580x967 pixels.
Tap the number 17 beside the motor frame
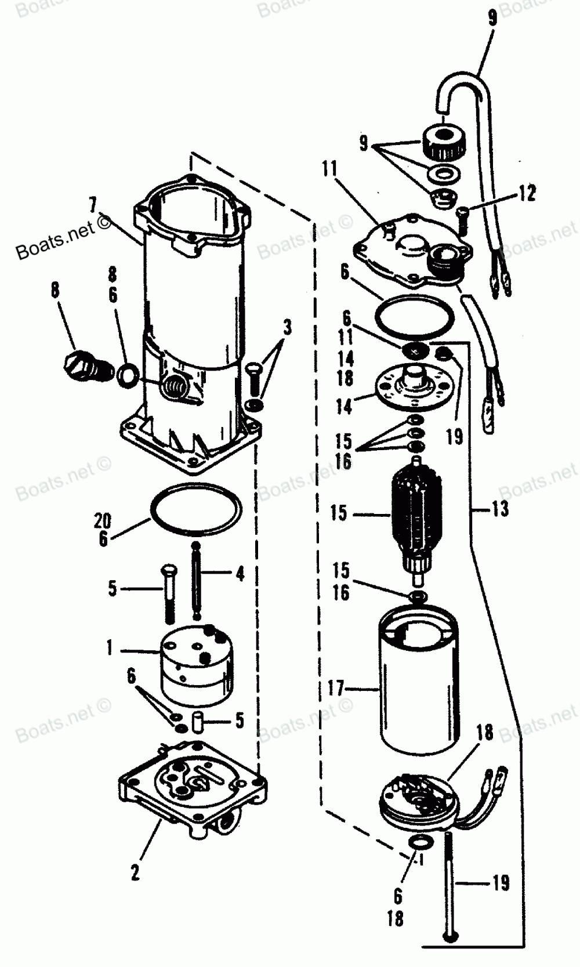[336, 689]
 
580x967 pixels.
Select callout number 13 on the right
[499, 509]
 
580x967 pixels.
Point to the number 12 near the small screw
[527, 193]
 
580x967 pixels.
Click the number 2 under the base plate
[135, 871]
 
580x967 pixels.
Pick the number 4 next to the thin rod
[240, 574]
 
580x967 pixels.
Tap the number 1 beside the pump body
[110, 647]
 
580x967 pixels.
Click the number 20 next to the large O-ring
[103, 520]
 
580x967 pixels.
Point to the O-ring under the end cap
[415, 317]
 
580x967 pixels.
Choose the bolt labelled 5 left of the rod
[169, 593]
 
